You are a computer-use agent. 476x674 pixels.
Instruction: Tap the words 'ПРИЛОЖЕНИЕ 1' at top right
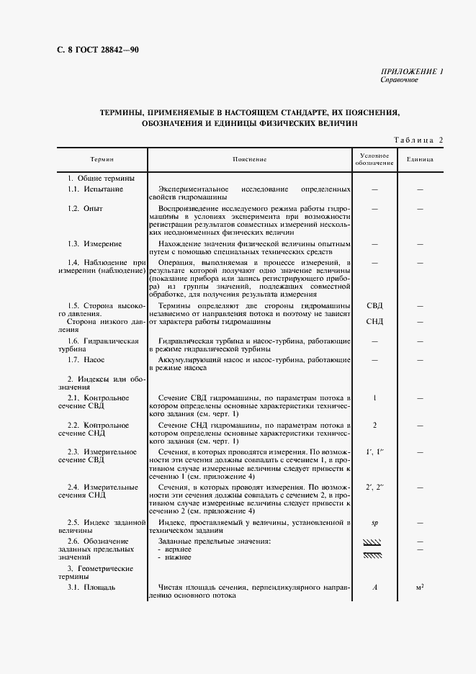411,71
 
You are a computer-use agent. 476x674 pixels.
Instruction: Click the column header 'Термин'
102,159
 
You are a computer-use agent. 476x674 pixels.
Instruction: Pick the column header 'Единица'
419,159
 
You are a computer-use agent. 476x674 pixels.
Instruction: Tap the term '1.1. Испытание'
95,189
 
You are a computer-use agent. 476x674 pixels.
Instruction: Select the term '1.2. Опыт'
86,208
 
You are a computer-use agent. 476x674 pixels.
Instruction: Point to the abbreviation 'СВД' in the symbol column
374,305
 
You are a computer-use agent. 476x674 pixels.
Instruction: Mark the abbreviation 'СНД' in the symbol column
374,321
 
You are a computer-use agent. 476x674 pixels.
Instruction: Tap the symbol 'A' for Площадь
375,587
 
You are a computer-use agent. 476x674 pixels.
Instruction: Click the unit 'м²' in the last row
420,587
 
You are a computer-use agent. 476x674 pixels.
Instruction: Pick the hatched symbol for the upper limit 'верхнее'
373,542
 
